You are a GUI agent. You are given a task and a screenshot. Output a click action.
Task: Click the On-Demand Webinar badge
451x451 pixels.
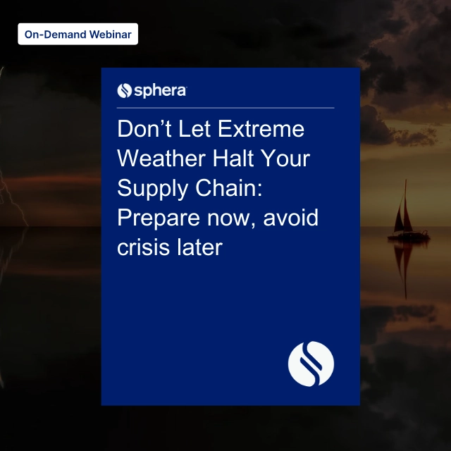click(78, 34)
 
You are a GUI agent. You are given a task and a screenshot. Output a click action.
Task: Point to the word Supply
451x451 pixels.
click(152, 190)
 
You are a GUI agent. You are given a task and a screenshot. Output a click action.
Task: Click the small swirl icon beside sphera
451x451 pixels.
click(124, 90)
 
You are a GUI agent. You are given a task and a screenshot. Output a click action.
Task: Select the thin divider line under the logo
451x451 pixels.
click(225, 108)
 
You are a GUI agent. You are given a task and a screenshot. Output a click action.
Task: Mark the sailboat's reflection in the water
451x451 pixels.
click(403, 264)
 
